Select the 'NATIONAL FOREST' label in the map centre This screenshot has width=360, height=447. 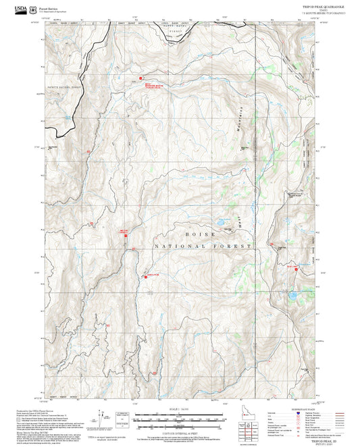[x=203, y=247]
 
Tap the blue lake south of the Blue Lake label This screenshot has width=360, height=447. [x=292, y=295]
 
